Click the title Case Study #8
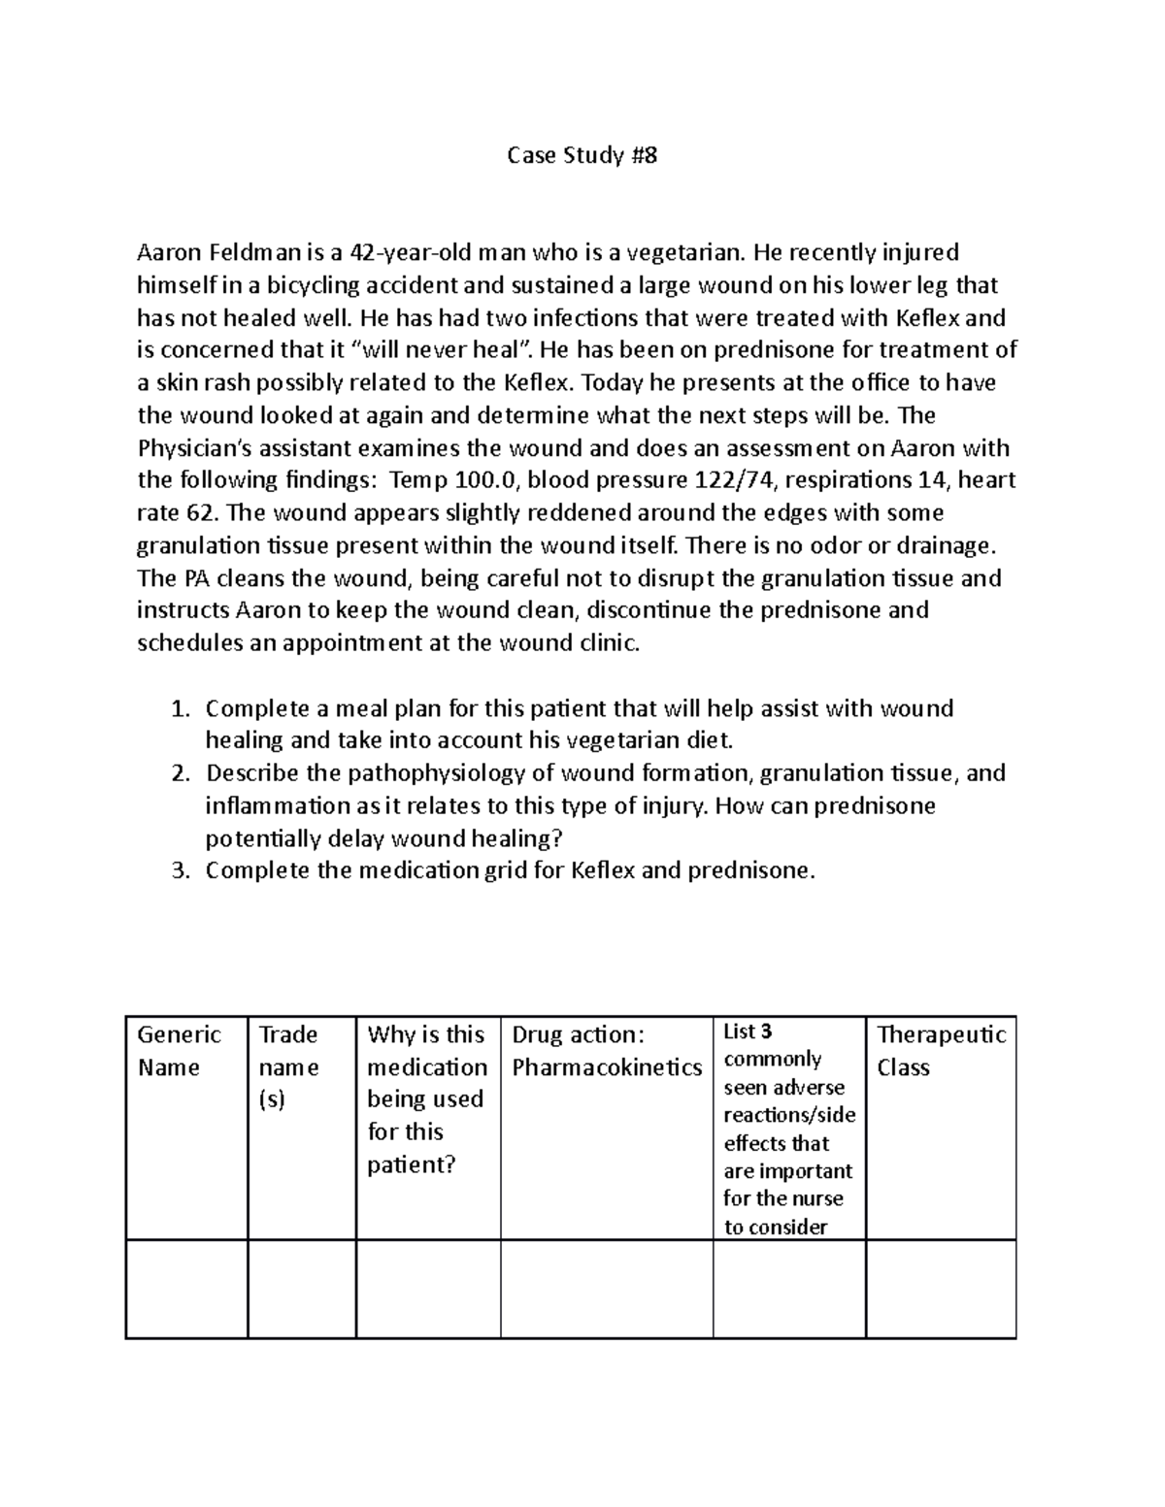tap(582, 155)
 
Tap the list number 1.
tap(179, 708)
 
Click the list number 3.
tap(179, 870)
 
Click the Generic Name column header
tap(180, 1051)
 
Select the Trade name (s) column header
tap(288, 1067)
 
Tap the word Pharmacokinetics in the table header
tap(607, 1067)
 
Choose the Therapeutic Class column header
tap(941, 1051)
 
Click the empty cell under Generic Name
tap(186, 1289)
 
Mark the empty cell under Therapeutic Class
tap(941, 1289)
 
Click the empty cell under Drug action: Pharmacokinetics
tap(607, 1289)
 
